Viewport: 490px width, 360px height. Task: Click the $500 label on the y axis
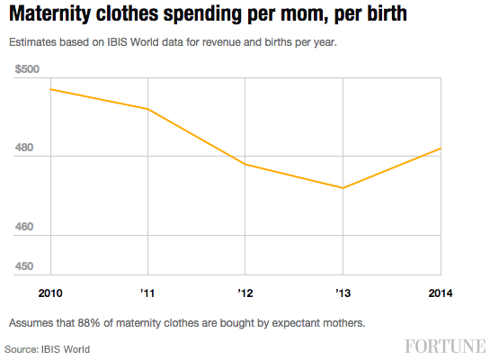(29, 69)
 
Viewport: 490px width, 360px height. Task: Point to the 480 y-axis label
(26, 148)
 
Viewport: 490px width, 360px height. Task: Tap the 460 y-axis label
(26, 227)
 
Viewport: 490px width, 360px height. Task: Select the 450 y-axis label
(26, 265)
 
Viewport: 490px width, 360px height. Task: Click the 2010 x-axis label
(50, 293)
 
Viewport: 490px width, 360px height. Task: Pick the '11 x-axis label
(147, 293)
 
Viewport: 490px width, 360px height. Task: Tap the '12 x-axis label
(245, 293)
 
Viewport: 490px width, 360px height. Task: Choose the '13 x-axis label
(343, 293)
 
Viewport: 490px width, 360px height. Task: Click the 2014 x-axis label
(441, 293)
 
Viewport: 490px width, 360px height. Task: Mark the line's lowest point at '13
(343, 188)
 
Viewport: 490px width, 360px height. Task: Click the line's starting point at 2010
(50, 89)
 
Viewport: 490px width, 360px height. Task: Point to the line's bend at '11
(147, 109)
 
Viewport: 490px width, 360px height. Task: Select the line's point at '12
(245, 165)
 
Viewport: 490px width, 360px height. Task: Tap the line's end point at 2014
(441, 148)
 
